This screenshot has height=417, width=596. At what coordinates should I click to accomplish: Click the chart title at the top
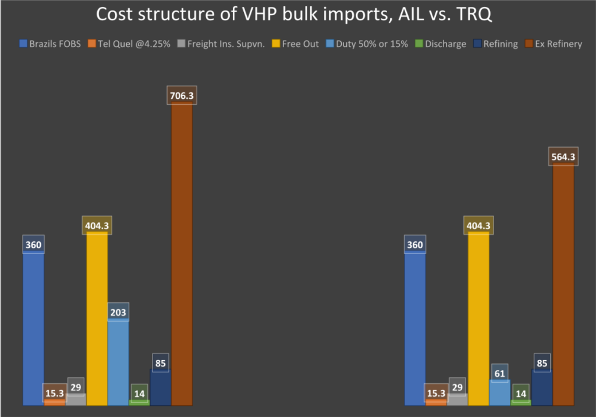pyautogui.click(x=294, y=15)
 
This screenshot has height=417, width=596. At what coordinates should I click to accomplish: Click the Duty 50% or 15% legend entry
pyautogui.click(x=367, y=44)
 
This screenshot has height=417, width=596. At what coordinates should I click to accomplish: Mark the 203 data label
pyautogui.click(x=118, y=312)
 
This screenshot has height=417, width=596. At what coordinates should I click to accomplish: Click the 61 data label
pyautogui.click(x=499, y=372)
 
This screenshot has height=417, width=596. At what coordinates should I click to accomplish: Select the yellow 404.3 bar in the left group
pyautogui.click(x=97, y=320)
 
